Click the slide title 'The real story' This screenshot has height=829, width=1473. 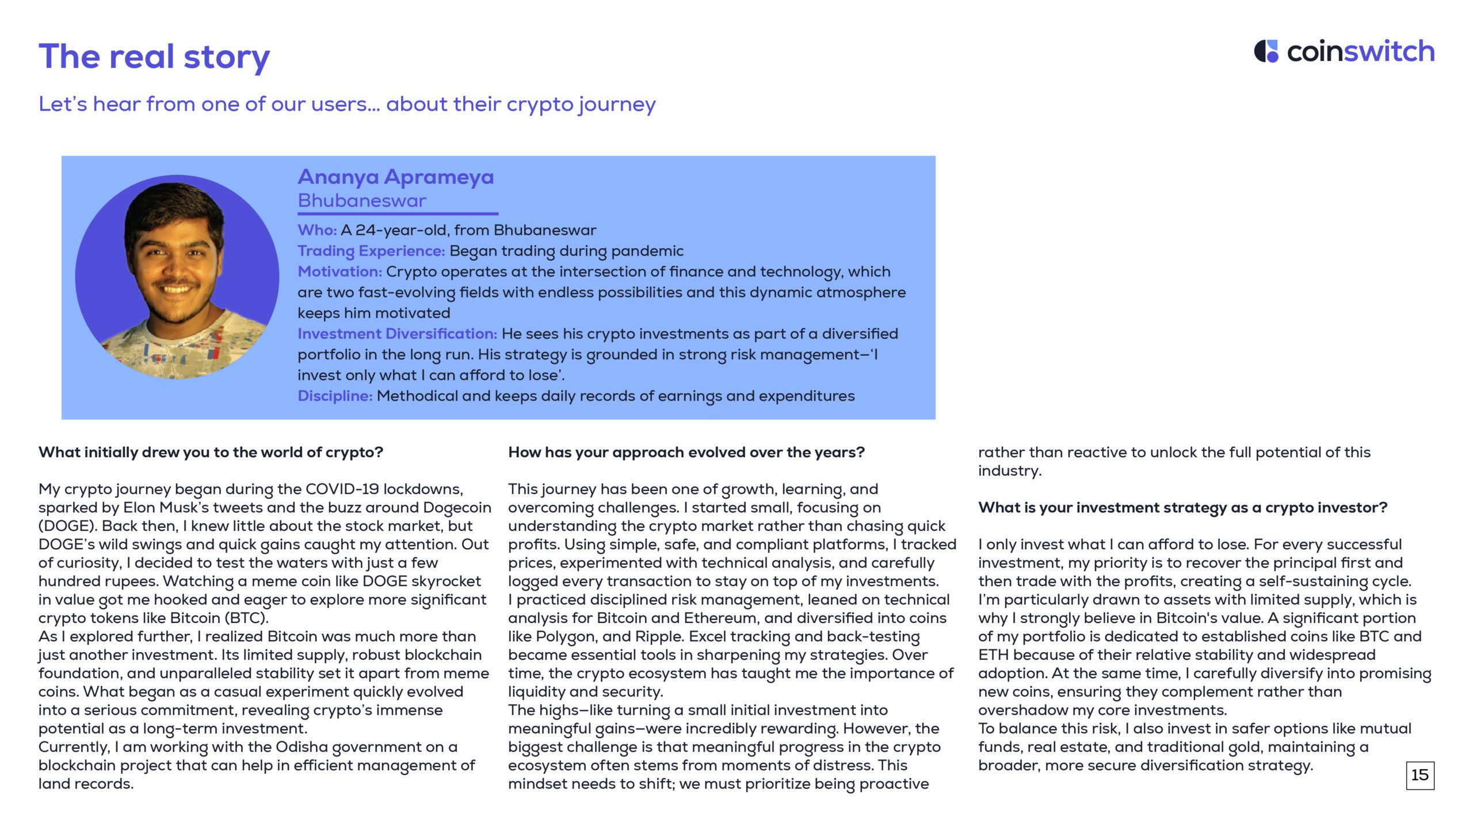(154, 56)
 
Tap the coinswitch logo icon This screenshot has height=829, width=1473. (1266, 51)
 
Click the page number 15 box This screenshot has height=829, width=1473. (1419, 775)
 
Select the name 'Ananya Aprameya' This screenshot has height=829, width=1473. (396, 177)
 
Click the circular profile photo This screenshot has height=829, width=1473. (177, 277)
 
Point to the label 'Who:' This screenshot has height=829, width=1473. (317, 230)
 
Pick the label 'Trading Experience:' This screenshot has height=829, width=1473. (371, 251)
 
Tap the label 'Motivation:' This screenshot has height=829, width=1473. (339, 272)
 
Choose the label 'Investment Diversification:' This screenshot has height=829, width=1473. (397, 334)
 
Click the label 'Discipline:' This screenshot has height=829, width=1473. (335, 396)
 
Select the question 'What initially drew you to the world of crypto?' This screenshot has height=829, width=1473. (211, 452)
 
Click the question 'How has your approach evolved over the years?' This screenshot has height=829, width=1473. (686, 452)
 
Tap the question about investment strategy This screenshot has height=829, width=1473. (1182, 508)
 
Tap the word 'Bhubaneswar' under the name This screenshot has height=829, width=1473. (362, 201)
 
